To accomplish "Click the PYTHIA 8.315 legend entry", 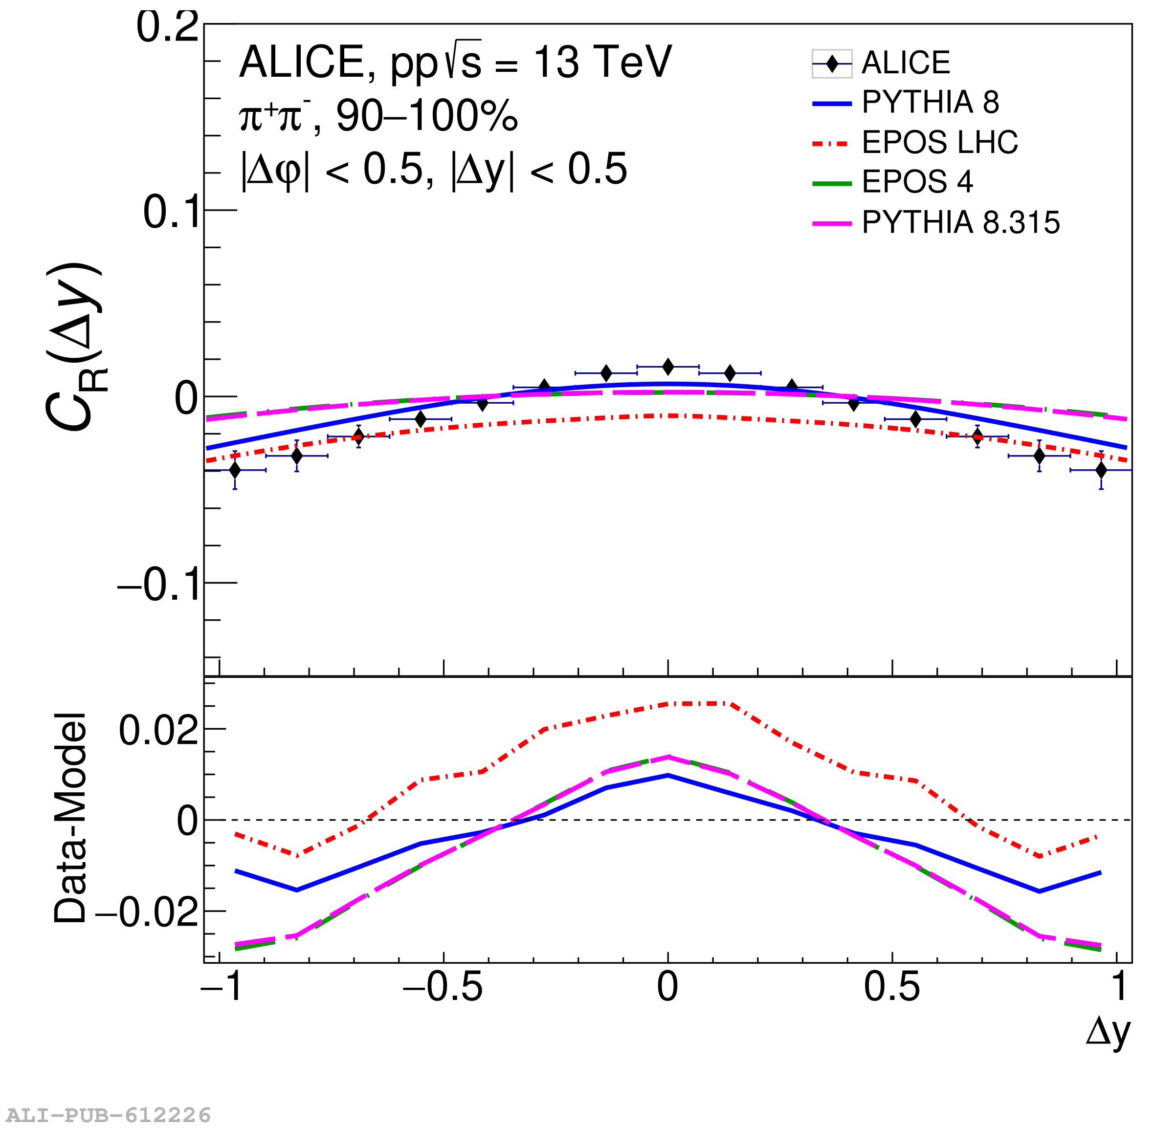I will (960, 223).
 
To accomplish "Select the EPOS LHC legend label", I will (939, 142).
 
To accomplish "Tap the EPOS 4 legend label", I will (917, 181).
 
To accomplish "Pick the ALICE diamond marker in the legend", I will (832, 64).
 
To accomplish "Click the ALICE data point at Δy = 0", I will (668, 367).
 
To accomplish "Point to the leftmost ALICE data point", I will (235, 470).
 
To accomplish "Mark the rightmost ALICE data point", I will (1101, 470).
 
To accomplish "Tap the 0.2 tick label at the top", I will (167, 27).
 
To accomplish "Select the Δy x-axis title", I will (1108, 1032).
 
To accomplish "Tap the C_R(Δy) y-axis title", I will (74, 347).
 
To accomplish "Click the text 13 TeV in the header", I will (602, 62).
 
